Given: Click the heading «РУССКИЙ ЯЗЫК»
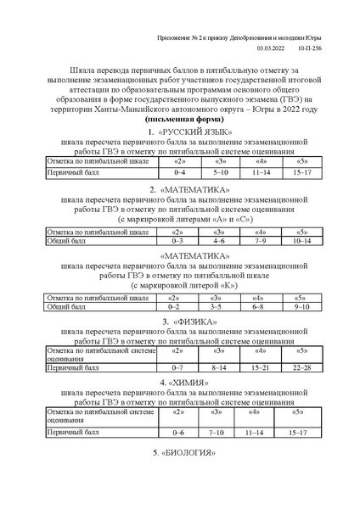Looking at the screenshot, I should (184, 132).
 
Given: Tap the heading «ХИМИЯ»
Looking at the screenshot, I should (184, 382).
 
